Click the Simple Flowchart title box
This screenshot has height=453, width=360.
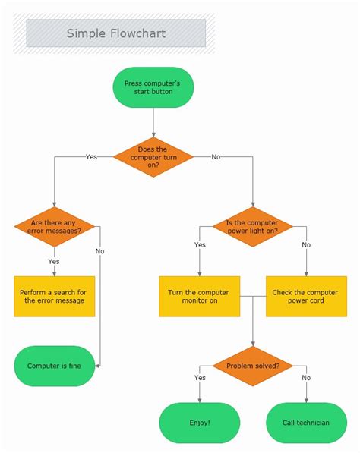click(115, 33)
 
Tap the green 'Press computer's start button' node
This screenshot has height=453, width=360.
click(153, 87)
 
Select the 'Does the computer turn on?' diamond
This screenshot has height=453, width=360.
click(153, 156)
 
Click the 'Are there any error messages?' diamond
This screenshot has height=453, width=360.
click(54, 226)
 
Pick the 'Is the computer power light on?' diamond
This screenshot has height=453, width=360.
click(252, 226)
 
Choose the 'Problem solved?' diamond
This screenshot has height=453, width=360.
click(252, 365)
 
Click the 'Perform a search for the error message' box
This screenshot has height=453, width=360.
click(54, 296)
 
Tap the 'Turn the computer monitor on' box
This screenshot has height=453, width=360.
click(199, 296)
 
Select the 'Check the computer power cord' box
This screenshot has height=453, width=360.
click(306, 296)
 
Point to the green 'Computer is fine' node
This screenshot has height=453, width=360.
click(54, 366)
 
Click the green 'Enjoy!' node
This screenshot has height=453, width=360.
click(199, 423)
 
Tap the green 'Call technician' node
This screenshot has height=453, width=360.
click(306, 423)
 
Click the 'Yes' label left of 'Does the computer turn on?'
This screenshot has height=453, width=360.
click(91, 157)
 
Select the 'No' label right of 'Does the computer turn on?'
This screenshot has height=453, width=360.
click(216, 157)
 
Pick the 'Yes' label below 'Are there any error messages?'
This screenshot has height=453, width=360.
click(54, 261)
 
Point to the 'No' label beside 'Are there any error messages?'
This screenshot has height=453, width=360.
click(100, 250)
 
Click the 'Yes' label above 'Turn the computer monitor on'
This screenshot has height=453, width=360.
click(200, 245)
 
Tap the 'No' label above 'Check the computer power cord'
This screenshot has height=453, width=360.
click(306, 245)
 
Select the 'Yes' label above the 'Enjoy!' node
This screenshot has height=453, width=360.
click(200, 377)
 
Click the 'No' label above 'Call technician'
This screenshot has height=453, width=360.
click(306, 377)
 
